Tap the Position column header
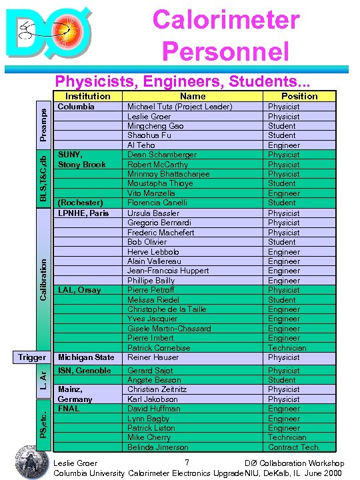[299, 96]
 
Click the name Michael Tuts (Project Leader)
[179, 107]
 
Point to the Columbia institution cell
[77, 107]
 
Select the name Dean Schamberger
[161, 155]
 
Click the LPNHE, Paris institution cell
[83, 213]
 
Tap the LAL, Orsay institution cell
[79, 290]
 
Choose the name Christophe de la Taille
[167, 309]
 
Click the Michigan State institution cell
[86, 357]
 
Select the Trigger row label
[32, 358]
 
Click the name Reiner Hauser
[154, 357]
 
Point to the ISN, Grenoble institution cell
[85, 371]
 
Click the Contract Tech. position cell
[294, 447]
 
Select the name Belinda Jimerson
[157, 447]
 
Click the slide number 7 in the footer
[188, 463]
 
